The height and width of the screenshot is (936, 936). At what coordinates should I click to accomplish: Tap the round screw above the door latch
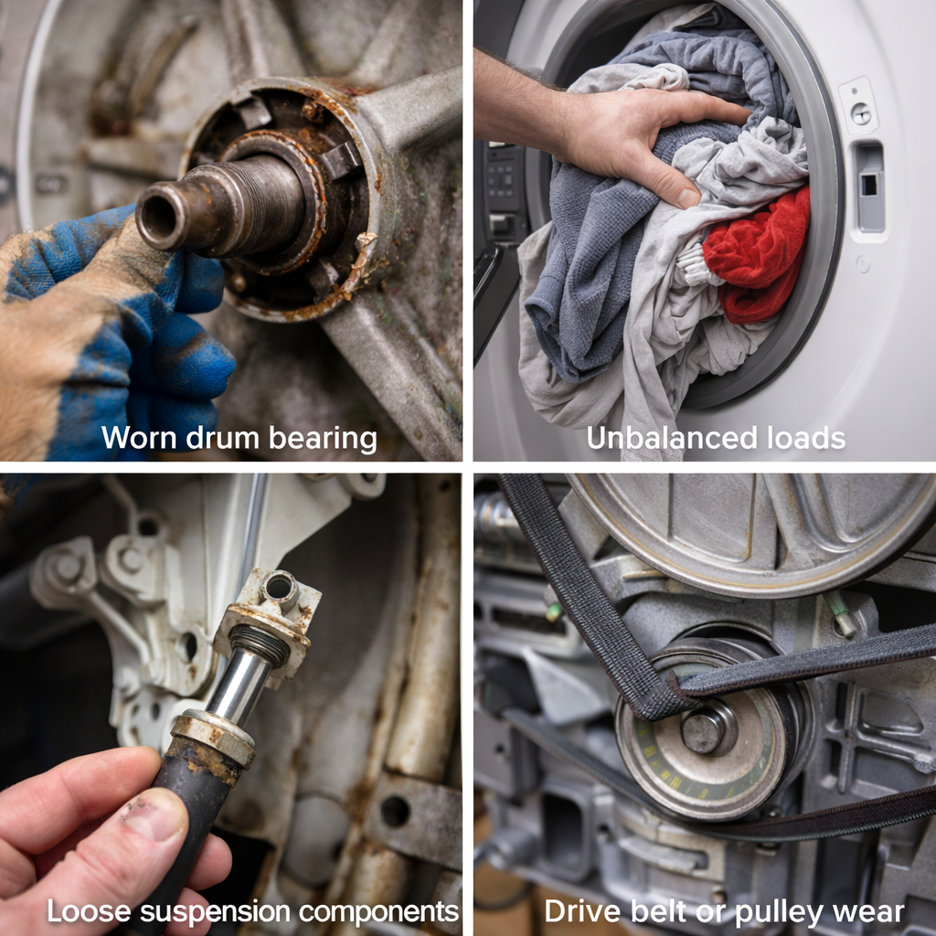tap(860, 113)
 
